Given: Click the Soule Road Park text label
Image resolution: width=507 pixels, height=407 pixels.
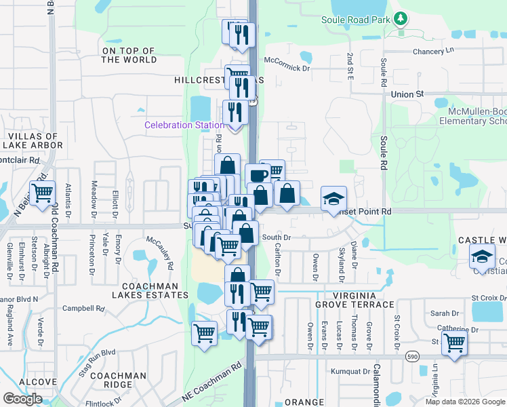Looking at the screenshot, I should [356, 20].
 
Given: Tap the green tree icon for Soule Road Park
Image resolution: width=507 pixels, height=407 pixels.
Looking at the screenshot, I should [401, 18].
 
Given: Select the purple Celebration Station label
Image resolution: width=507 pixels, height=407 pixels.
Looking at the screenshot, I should [184, 125].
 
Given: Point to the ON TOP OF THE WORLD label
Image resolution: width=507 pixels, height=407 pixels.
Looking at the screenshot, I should [129, 55].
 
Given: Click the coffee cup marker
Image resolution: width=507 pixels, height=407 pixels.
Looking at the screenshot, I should [258, 176].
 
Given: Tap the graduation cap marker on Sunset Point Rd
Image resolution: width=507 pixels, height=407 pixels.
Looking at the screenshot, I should [333, 198].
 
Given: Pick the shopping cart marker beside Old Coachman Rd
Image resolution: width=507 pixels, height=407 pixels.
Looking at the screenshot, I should [42, 193].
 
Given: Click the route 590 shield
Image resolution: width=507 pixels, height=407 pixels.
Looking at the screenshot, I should [412, 355].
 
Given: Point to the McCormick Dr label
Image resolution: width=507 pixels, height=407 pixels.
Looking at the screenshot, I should [287, 68].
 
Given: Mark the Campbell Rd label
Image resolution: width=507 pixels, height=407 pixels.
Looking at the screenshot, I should [84, 308].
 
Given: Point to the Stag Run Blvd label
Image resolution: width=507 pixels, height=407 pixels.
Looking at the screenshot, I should [100, 353].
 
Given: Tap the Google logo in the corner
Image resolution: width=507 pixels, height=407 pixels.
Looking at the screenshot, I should [22, 399].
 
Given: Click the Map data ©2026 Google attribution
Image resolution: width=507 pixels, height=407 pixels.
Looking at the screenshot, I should [465, 402].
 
